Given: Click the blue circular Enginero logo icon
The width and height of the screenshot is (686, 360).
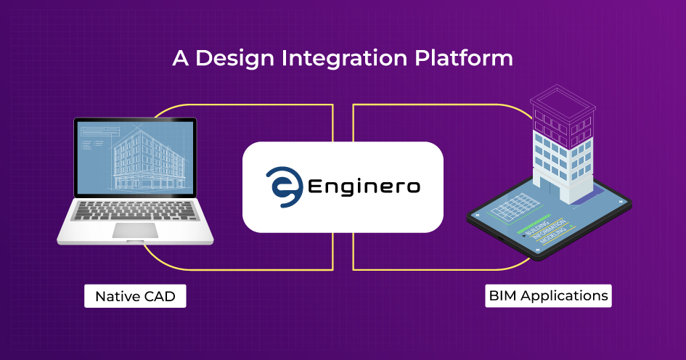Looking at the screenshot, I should pyautogui.click(x=282, y=187).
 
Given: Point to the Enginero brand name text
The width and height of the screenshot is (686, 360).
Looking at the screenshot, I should pyautogui.click(x=364, y=187).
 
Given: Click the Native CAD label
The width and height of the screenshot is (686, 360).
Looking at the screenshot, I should pyautogui.click(x=135, y=297).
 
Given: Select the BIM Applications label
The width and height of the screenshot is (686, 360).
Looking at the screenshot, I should pyautogui.click(x=548, y=296).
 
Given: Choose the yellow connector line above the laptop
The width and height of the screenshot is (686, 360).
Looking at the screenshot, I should pyautogui.click(x=240, y=105).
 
